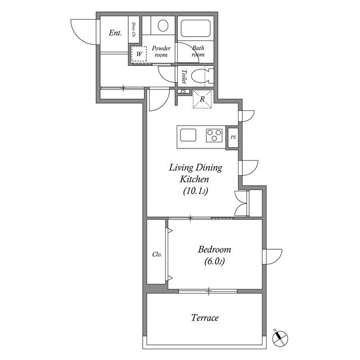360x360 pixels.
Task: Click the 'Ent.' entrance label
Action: [115, 33]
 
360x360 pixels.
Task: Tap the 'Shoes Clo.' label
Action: [134, 29]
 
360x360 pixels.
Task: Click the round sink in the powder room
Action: [163, 26]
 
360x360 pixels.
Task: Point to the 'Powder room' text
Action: [160, 52]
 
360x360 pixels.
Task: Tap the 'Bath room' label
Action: [197, 52]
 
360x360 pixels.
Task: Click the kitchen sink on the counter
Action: [188, 136]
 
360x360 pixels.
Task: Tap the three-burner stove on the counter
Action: [214, 136]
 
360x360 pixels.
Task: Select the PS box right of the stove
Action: [233, 137]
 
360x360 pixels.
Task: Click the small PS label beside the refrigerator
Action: [183, 92]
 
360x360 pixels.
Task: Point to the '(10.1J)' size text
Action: [196, 191]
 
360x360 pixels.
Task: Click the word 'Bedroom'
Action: [214, 249]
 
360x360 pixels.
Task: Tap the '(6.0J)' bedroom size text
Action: [214, 261]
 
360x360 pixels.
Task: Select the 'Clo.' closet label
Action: [157, 254]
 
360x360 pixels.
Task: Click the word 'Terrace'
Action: [205, 318]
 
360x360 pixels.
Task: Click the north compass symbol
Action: [280, 339]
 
